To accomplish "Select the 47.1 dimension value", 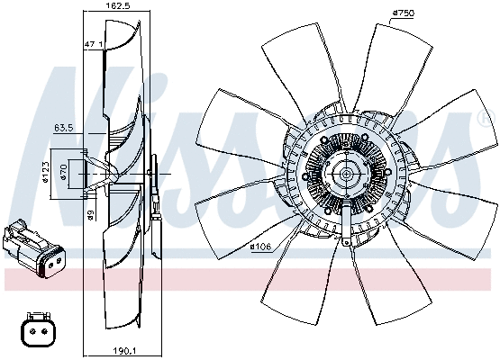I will click(x=94, y=43).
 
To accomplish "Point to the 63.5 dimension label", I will click(x=62, y=129).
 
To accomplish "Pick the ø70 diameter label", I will click(x=64, y=170).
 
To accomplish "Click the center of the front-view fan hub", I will click(x=344, y=174).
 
